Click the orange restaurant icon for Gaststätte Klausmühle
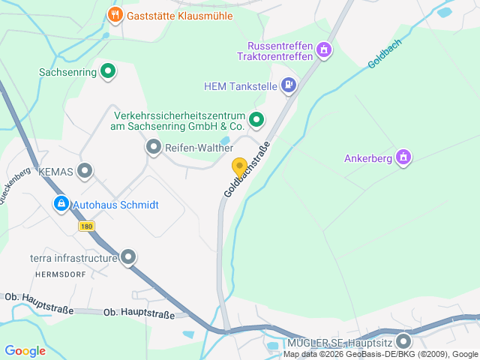pyautogui.click(x=115, y=15)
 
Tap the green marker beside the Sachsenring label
pyautogui.click(x=108, y=72)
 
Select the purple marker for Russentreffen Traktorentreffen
pyautogui.click(x=324, y=50)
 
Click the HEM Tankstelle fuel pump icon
pyautogui.click(x=289, y=85)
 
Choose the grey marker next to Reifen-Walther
pyautogui.click(x=154, y=148)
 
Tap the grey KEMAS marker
pyautogui.click(x=85, y=171)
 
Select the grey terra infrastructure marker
pyautogui.click(x=128, y=258)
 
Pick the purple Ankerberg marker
pyautogui.click(x=403, y=158)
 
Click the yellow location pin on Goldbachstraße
pyautogui.click(x=239, y=167)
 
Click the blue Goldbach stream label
pyautogui.click(x=385, y=54)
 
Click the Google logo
pyautogui.click(x=25, y=350)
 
